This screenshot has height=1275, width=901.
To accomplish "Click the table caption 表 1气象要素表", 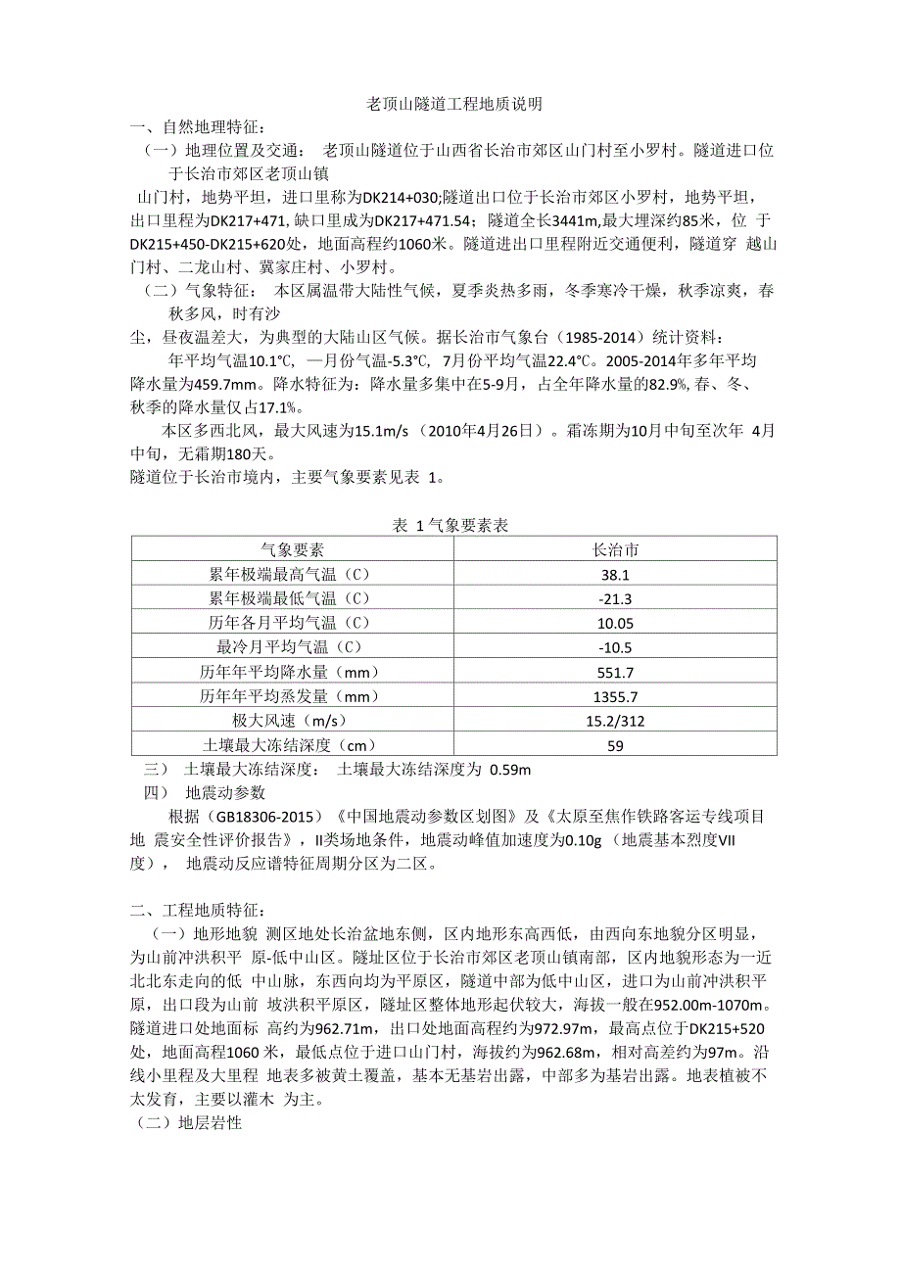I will (x=450, y=526).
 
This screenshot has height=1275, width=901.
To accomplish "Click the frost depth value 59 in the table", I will (x=616, y=745).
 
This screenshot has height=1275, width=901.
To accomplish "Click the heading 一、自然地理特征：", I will (x=200, y=126).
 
